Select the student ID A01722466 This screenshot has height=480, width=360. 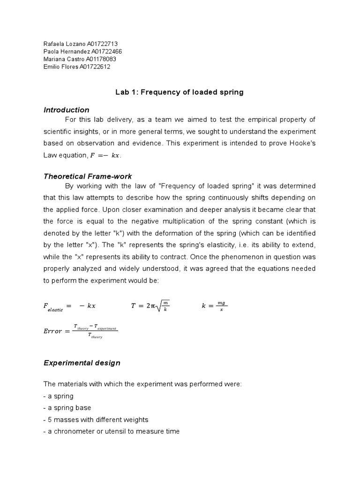[107, 52]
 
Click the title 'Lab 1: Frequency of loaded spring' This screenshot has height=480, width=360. [180, 92]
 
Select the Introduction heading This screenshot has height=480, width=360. [66, 110]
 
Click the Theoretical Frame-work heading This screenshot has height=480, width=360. [88, 176]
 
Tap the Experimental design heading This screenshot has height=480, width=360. [82, 363]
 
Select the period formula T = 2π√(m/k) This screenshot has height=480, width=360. [150, 306]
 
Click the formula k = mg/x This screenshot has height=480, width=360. [214, 306]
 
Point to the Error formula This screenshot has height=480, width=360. [80, 331]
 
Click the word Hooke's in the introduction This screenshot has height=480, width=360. [302, 143]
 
